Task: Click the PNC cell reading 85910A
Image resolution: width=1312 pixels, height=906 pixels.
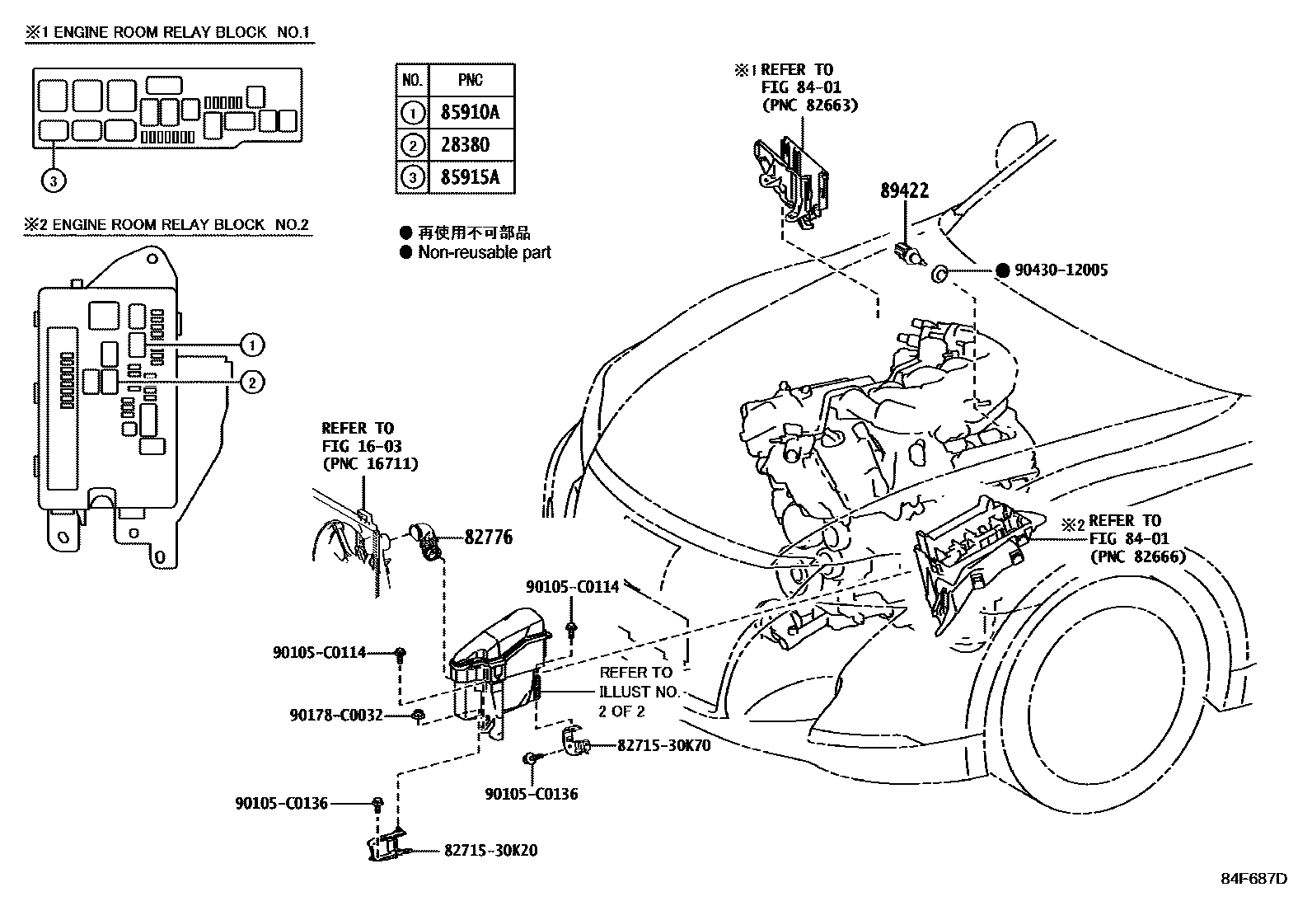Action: pos(471,112)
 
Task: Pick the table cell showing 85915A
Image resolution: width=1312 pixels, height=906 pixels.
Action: pos(471,177)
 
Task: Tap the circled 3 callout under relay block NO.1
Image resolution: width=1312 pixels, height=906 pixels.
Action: pos(53,181)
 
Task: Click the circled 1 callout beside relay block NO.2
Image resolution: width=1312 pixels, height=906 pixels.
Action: pos(252,345)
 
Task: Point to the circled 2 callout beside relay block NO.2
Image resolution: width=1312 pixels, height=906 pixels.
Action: pos(252,381)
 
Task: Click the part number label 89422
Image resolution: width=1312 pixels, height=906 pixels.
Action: pos(904,190)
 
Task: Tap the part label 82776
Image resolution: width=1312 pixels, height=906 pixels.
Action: pos(488,537)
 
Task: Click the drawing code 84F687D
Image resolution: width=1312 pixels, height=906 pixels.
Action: pos(1253,878)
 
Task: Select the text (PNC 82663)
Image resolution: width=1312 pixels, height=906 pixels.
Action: pos(810,105)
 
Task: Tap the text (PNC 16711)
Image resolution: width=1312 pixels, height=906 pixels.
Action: pos(369,463)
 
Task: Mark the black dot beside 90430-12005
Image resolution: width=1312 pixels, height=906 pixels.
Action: pos(1002,270)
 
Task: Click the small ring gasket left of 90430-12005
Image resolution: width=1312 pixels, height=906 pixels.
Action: pos(939,274)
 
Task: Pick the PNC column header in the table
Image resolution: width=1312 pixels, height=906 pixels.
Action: pos(471,80)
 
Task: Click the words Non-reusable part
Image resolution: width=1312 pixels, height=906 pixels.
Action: pos(484,252)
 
